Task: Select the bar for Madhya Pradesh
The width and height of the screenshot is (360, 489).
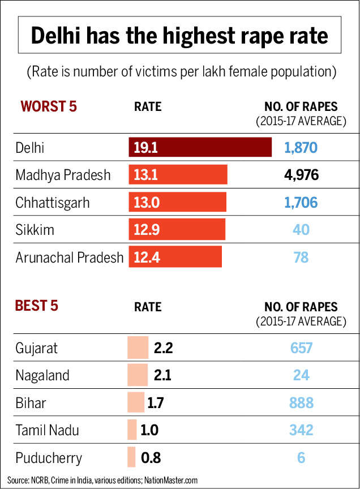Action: (178, 175)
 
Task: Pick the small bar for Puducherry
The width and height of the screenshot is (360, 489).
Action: (132, 457)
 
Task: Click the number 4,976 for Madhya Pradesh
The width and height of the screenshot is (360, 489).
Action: (301, 175)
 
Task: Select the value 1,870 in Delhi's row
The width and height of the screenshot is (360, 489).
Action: (301, 148)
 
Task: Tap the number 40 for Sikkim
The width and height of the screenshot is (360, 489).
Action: (301, 230)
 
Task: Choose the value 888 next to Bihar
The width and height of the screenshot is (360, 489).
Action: (301, 403)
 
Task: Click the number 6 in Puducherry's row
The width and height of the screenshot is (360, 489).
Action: (301, 457)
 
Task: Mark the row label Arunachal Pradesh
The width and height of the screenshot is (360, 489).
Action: (70, 258)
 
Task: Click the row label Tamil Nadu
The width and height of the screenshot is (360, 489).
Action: (48, 430)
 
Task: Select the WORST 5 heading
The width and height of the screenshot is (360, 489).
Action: (48, 106)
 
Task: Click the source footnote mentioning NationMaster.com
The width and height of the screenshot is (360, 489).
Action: (103, 480)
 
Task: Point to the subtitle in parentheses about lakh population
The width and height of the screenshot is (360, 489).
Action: (179, 72)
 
